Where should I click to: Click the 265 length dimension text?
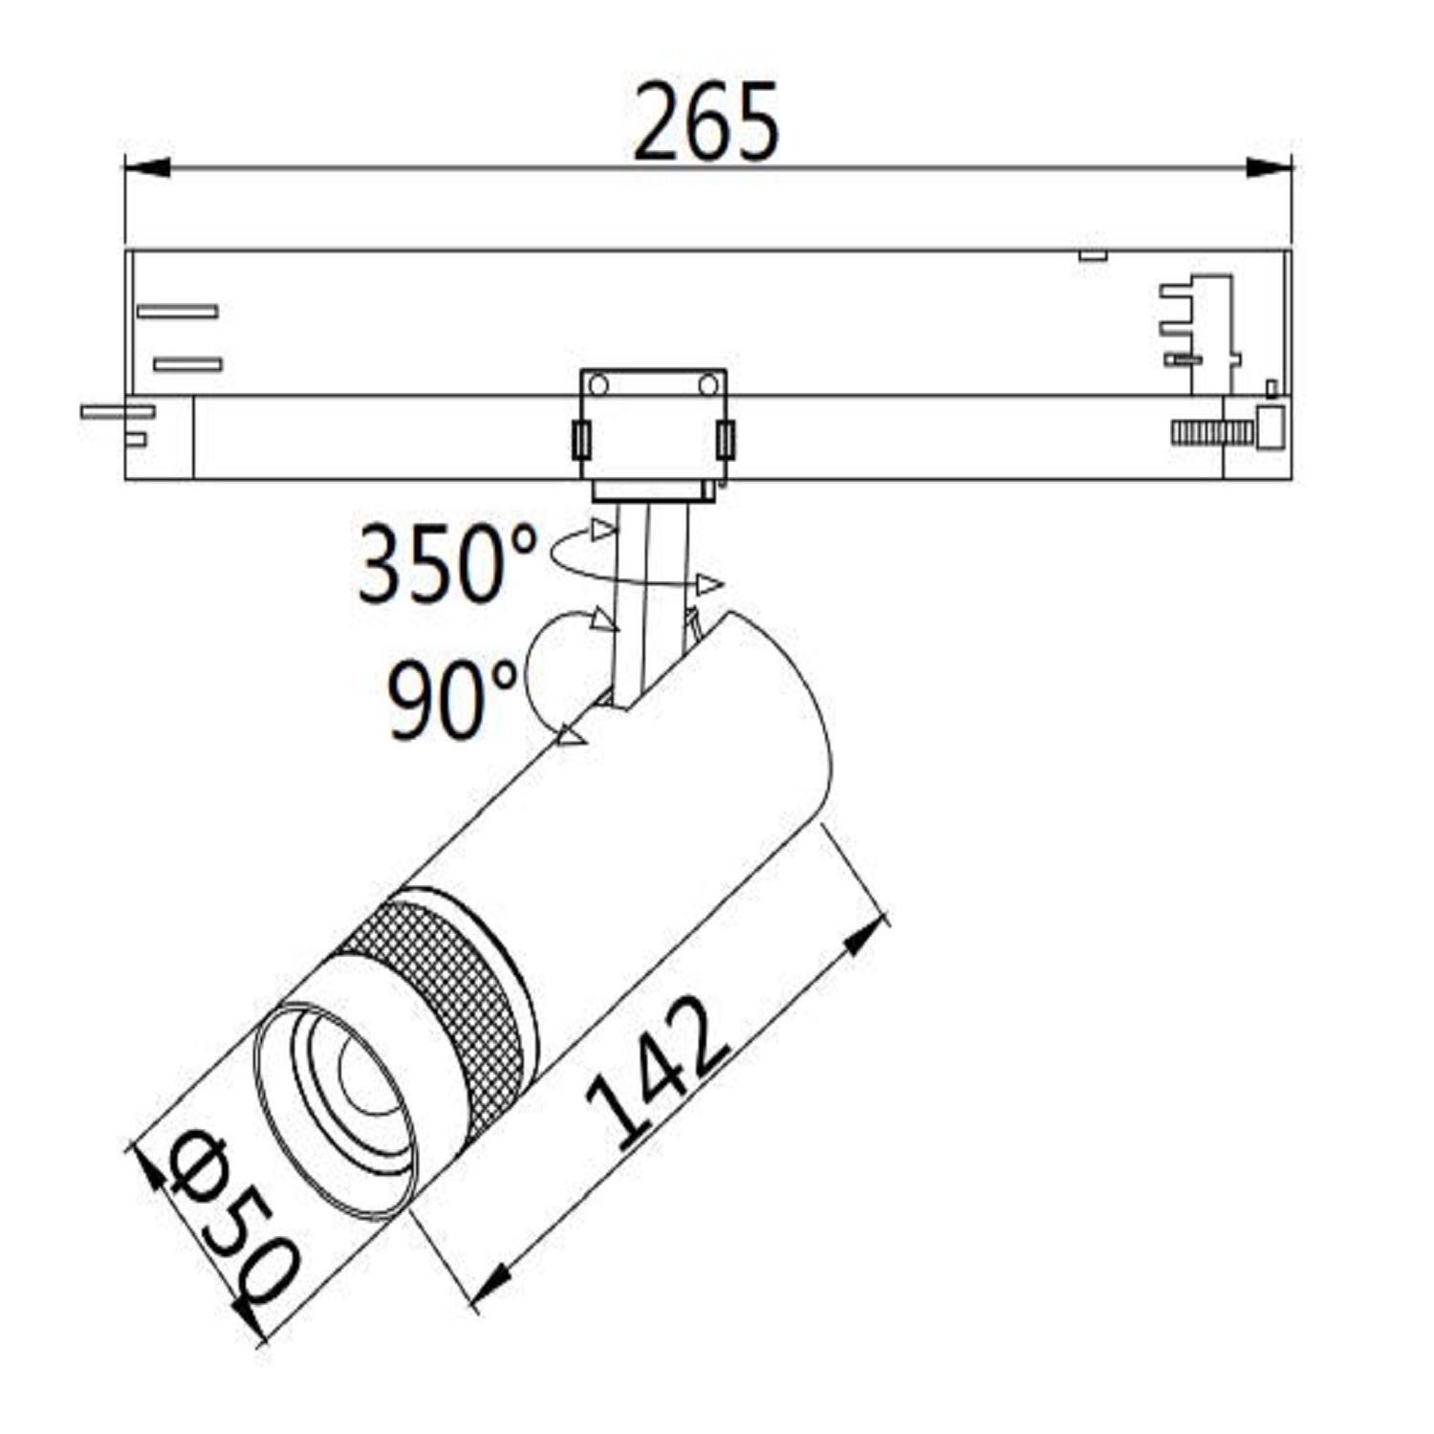pos(706,122)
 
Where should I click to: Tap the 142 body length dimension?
pos(660,1072)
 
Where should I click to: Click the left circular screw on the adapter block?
pos(598,385)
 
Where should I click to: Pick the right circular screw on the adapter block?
pos(708,385)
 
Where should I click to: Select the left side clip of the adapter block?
pos(580,440)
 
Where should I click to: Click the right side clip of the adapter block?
pos(726,440)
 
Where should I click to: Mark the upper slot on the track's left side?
pos(178,312)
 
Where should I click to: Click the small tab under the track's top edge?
pos(1093,255)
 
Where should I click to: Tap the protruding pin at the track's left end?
pos(117,411)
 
